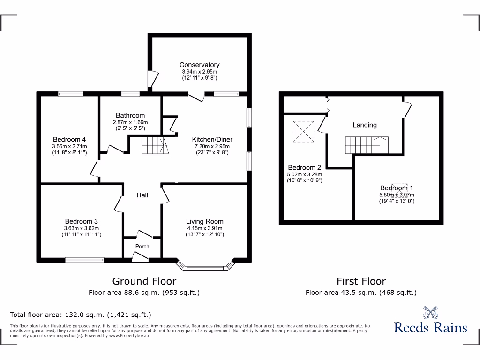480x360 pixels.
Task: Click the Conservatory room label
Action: point(199,65)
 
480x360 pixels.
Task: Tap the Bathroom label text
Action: point(130,115)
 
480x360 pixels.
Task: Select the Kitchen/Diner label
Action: point(212,139)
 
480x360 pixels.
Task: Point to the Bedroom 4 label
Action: point(69,139)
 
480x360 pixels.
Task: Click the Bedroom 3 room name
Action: point(81,221)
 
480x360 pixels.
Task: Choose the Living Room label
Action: point(204,221)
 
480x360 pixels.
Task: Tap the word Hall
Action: point(142,195)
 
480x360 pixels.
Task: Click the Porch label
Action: point(142,246)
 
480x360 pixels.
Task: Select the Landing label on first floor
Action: point(365,125)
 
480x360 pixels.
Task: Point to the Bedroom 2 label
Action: point(304,167)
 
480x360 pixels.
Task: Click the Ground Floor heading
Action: point(144,281)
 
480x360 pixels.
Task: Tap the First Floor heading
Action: point(361,281)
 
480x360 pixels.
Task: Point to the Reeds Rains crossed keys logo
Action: point(430,312)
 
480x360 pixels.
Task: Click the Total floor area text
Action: point(81,315)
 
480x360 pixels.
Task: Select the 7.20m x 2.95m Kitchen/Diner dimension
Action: point(212,146)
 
